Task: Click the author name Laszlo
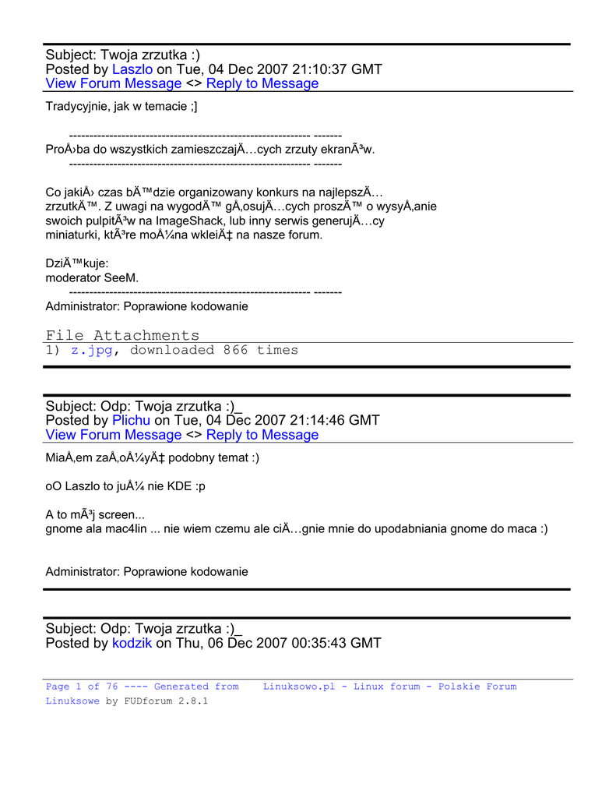[132, 69]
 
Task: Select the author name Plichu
[132, 420]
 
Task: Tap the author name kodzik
[132, 643]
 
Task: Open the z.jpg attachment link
[92, 351]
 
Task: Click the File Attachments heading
[122, 335]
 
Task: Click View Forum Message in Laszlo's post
[114, 83]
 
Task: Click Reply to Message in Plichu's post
[262, 435]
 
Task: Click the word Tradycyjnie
[76, 107]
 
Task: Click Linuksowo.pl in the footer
[299, 687]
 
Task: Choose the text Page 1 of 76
[82, 687]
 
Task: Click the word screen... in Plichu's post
[118, 514]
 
